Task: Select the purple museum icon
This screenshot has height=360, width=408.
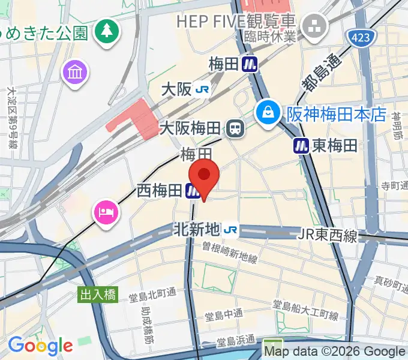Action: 76,73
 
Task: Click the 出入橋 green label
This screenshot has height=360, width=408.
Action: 98,295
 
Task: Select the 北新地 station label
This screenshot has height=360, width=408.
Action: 197,229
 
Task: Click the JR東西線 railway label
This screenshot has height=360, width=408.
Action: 328,236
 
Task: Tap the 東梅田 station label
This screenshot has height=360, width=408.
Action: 334,145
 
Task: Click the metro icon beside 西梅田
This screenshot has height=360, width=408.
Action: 193,191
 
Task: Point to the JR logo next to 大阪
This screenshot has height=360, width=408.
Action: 203,90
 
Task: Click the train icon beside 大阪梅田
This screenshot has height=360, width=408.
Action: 235,128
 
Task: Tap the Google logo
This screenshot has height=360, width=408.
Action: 40,345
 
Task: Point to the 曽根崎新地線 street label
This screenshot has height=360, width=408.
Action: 230,253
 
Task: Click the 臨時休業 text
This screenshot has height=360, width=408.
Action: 271,37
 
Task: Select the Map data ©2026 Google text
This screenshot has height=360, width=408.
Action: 335,352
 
